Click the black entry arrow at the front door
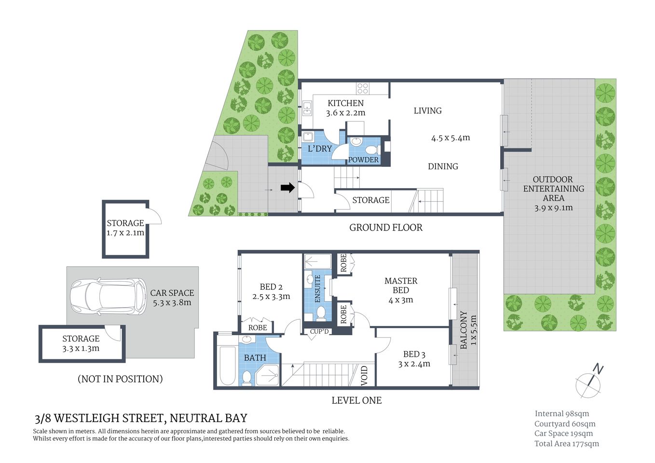click(287, 188)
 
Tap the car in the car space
click(108, 297)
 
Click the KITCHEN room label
click(345, 103)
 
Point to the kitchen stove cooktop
click(363, 88)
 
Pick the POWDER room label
click(363, 160)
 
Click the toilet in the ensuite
click(320, 314)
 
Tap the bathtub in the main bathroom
click(226, 365)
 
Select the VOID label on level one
click(365, 375)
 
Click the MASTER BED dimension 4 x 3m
click(400, 300)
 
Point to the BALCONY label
click(464, 329)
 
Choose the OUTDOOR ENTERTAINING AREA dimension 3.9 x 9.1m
click(553, 208)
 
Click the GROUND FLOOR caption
click(385, 228)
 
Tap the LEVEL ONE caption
click(356, 400)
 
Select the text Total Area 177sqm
click(566, 444)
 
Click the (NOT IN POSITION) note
click(120, 379)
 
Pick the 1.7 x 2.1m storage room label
click(125, 232)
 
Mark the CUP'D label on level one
click(319, 332)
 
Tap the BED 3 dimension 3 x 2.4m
click(414, 364)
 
